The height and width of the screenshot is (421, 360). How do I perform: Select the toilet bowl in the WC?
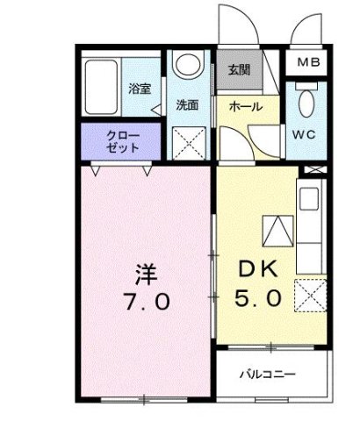coord(304,103)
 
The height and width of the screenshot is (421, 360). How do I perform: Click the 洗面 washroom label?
coord(186,104)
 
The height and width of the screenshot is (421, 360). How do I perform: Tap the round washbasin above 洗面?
coord(186,67)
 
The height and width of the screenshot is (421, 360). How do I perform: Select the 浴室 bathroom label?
coord(140,89)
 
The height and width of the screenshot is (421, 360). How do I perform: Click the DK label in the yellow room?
coord(260,270)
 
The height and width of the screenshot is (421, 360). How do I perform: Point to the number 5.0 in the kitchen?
coord(258,299)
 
